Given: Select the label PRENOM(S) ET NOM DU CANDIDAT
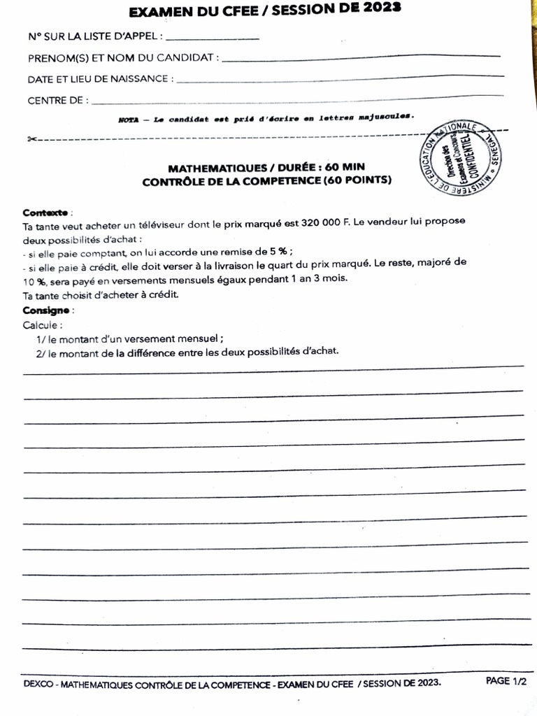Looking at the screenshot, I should coord(122,57).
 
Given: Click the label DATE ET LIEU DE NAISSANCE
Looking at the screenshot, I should coord(100,79).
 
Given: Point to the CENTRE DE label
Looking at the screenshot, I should coord(58,101).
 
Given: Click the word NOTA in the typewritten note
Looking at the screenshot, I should coord(129,120).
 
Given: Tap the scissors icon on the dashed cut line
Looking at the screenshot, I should coord(31,139).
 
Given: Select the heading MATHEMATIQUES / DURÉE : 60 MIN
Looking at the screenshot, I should coord(266,168).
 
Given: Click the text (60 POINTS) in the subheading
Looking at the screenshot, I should coord(357,181).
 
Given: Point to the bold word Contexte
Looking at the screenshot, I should coord(45,212).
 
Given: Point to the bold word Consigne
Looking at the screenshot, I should coord(46,310).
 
